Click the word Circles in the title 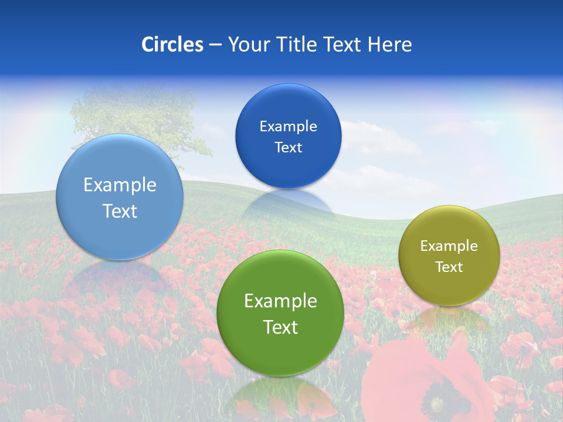(x=172, y=45)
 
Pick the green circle (x=280, y=352)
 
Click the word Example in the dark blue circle (x=289, y=127)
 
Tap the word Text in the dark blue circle (x=289, y=148)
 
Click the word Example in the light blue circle (x=120, y=185)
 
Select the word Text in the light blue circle (x=120, y=211)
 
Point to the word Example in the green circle (x=280, y=301)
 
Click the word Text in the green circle (x=280, y=327)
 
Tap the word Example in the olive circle (x=449, y=246)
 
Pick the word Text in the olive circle (x=449, y=267)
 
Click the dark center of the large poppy (x=437, y=404)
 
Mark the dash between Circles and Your (x=215, y=45)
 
